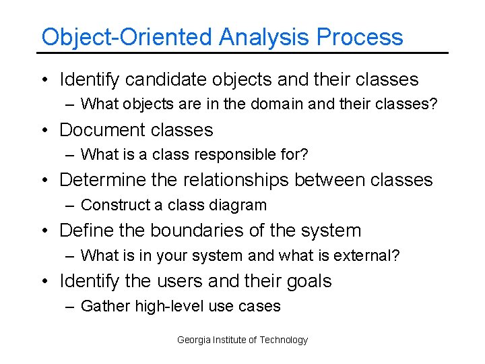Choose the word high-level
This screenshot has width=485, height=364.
[170, 306]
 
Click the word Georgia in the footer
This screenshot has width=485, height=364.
[193, 340]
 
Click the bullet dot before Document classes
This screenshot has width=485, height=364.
[43, 130]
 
